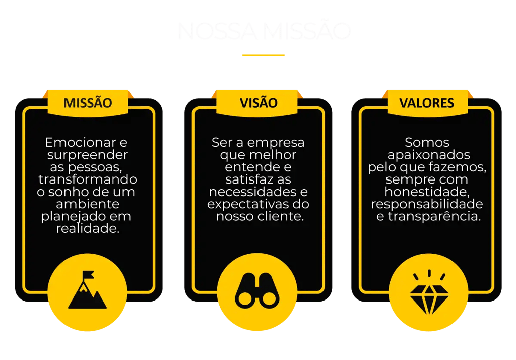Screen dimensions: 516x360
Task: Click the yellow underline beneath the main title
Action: click(x=263, y=55)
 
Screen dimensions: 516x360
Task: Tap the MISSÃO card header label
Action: click(x=88, y=103)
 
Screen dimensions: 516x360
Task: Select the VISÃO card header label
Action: click(x=258, y=103)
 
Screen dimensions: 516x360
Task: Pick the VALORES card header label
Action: click(x=426, y=103)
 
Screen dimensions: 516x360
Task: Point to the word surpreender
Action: click(x=88, y=155)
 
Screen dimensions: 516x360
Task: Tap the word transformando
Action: click(x=88, y=179)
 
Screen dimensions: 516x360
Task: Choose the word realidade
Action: click(x=88, y=228)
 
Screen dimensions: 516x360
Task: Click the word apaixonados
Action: click(x=427, y=155)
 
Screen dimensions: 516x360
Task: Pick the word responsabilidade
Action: click(x=427, y=204)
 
